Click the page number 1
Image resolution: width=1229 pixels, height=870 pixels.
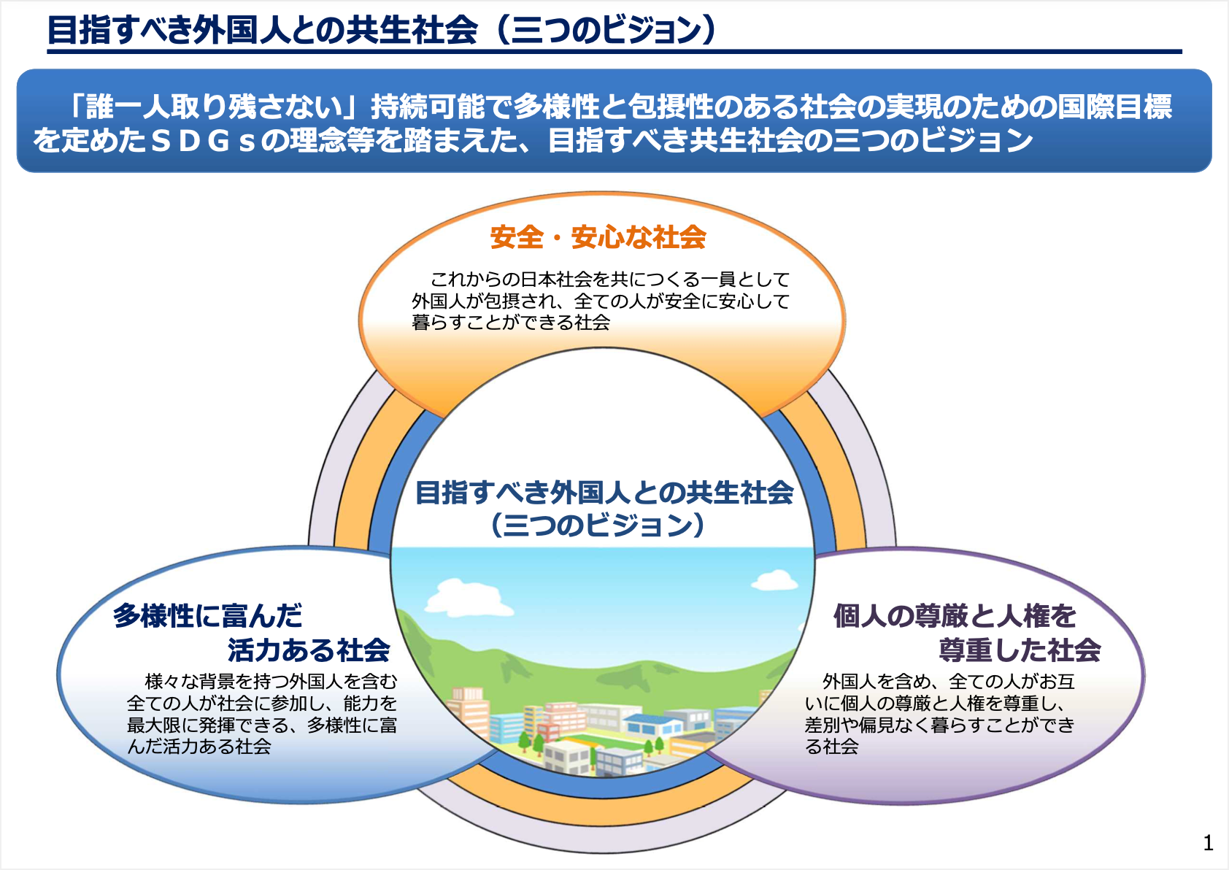click(1209, 843)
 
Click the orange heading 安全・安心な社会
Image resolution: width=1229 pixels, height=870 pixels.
click(598, 237)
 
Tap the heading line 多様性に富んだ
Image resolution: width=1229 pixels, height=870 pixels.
click(208, 616)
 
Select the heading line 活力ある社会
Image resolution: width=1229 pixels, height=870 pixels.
click(309, 649)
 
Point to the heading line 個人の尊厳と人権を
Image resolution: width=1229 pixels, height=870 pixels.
click(955, 616)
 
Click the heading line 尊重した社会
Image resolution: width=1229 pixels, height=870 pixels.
click(1020, 649)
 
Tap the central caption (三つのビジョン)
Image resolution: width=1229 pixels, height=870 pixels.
click(598, 525)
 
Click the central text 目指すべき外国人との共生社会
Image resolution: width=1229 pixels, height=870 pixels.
click(604, 493)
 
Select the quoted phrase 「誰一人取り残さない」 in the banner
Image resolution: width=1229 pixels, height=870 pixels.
click(207, 107)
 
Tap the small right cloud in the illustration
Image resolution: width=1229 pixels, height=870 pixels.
click(774, 580)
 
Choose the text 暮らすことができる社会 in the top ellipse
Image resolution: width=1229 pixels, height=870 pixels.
click(511, 323)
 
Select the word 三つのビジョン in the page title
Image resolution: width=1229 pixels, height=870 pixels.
click(605, 31)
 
